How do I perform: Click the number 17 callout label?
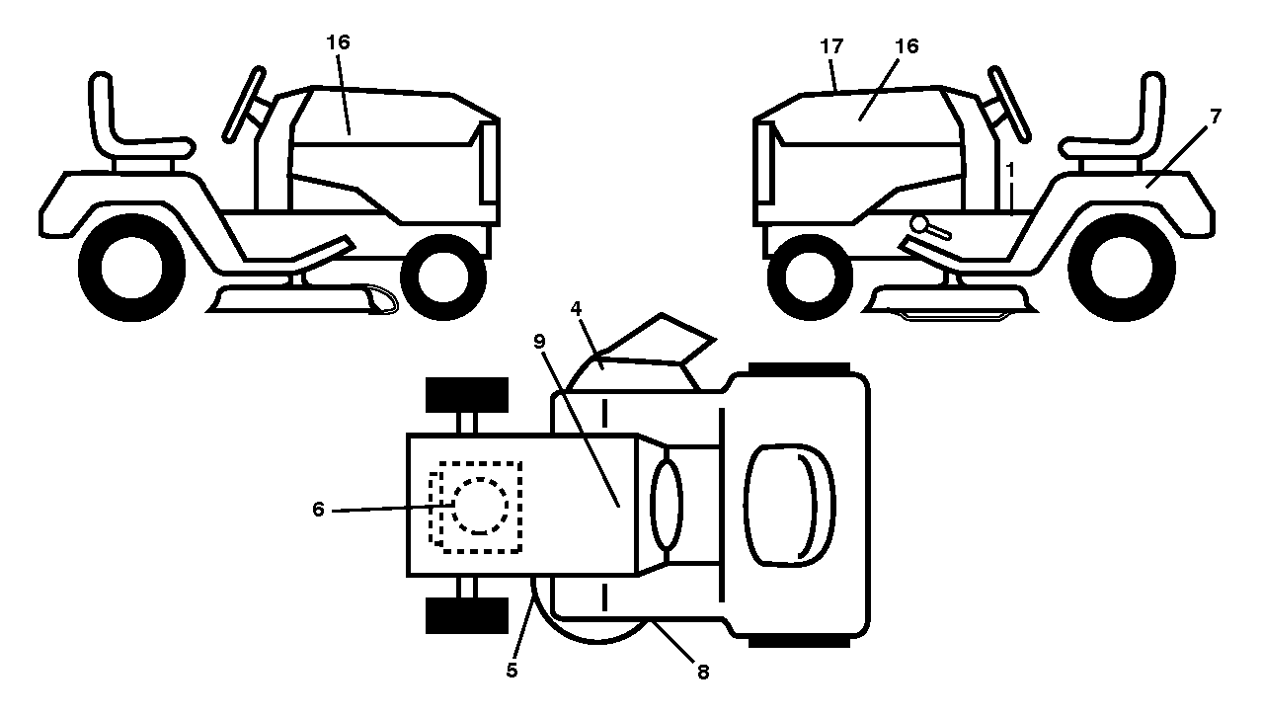click(831, 46)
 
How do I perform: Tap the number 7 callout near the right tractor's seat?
click(1216, 118)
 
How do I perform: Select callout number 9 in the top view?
click(540, 342)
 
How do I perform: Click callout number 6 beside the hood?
click(318, 510)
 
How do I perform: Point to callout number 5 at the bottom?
click(512, 671)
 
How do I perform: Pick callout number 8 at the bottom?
click(703, 673)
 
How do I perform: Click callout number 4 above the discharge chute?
click(576, 309)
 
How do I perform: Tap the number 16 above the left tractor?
click(338, 42)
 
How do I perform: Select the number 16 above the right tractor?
click(907, 46)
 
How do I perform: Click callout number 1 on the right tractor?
click(1010, 169)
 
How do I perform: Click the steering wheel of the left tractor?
click(243, 105)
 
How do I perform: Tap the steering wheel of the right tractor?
click(1009, 105)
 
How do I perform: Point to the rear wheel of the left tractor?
click(132, 269)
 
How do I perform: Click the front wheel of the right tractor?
click(810, 278)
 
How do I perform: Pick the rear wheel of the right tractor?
click(1122, 269)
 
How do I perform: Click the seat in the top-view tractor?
click(789, 506)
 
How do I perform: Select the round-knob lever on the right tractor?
click(929, 227)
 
